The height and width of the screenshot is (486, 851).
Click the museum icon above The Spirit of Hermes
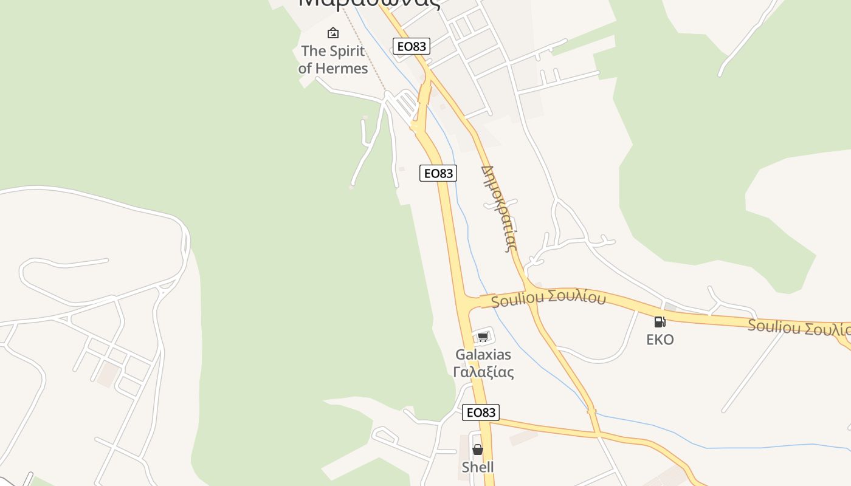(333, 33)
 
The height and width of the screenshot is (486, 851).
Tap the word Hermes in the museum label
(346, 69)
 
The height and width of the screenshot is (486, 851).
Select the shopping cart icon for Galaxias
(483, 337)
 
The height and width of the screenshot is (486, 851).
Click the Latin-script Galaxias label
(483, 354)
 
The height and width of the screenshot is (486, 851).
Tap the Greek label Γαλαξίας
(483, 372)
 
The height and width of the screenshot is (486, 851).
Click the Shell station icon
(478, 450)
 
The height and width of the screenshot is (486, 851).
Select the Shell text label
(478, 467)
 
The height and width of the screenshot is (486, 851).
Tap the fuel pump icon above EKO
(660, 321)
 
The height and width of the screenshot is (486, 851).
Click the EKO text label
(660, 339)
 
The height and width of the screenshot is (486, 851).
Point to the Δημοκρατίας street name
(499, 208)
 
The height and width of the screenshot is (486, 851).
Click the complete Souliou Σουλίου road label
(548, 298)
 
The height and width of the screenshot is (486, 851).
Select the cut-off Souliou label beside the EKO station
(799, 328)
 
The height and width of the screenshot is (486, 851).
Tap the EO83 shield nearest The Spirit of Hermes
(412, 46)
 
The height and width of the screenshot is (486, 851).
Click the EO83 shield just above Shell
(481, 412)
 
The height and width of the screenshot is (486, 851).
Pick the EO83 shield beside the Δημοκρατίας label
(438, 173)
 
